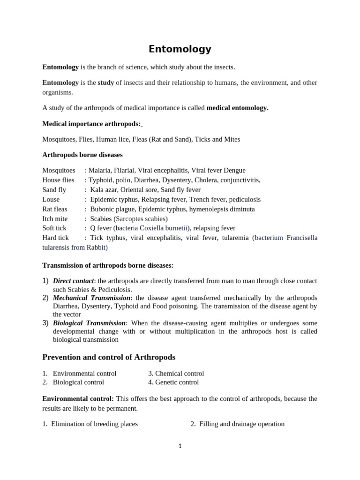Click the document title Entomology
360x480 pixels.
(180, 49)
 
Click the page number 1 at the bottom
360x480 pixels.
(180, 446)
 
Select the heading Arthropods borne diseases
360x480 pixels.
(82, 155)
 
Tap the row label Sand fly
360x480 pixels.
(54, 190)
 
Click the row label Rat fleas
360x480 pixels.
(55, 209)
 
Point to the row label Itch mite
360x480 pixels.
(55, 219)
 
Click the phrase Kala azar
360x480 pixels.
(104, 190)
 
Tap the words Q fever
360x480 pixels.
(101, 228)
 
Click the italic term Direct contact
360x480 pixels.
(73, 281)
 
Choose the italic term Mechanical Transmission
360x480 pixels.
(91, 298)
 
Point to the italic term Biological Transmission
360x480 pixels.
(89, 323)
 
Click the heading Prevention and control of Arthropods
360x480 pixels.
(109, 357)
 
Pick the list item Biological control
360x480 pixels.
(78, 382)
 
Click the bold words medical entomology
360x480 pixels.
(237, 108)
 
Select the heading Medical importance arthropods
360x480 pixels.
(91, 124)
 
